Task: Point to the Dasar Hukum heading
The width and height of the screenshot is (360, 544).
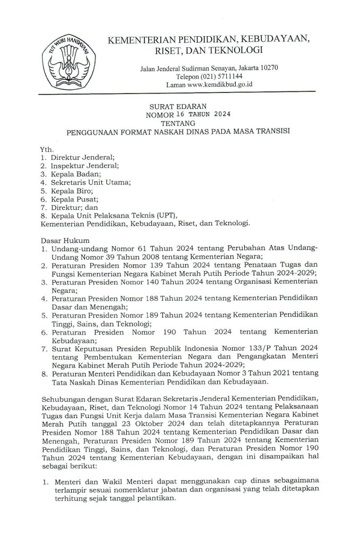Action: (63, 241)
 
